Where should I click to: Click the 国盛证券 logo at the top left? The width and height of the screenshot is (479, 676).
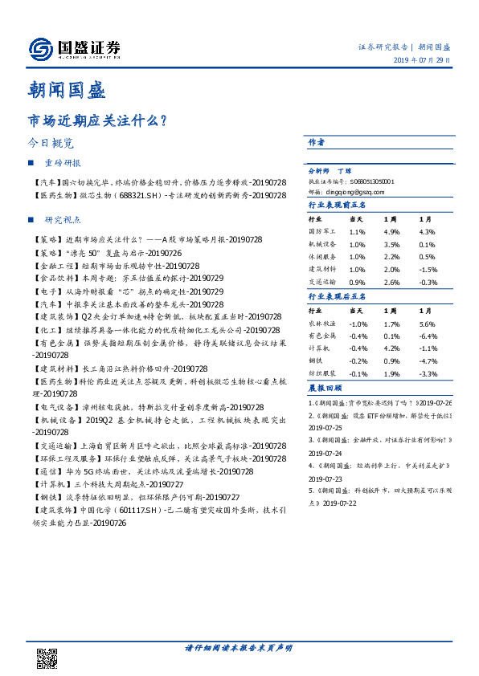[74, 49]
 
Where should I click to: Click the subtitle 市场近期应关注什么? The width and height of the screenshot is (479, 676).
[97, 120]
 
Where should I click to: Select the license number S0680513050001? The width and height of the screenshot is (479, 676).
[367, 182]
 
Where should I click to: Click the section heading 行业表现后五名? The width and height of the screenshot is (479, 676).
[337, 297]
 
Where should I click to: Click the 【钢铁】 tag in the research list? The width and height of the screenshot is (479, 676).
[47, 499]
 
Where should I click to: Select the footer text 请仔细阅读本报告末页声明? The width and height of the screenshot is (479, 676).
[239, 648]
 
